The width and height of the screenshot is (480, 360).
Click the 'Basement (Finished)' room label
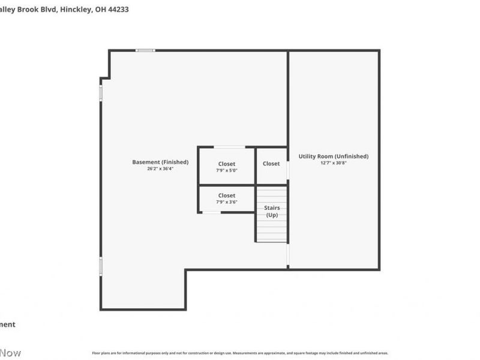click(x=160, y=162)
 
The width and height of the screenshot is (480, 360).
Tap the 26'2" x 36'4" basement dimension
click(x=160, y=169)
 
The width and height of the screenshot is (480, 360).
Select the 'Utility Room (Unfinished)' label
click(x=334, y=157)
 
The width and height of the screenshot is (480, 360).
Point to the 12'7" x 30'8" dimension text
click(x=334, y=163)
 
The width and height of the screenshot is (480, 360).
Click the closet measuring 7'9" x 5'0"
click(x=227, y=166)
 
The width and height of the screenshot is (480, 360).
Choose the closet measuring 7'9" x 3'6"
click(x=227, y=198)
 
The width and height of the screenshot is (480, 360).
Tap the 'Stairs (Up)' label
click(x=272, y=211)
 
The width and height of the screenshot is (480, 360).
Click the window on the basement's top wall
click(x=145, y=50)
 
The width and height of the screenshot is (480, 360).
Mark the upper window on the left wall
click(x=101, y=93)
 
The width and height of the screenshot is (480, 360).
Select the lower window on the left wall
click(x=101, y=266)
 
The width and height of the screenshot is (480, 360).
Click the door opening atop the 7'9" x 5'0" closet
click(x=229, y=147)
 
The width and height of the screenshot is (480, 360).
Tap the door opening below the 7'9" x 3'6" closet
click(x=211, y=212)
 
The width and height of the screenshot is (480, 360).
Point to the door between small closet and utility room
click(x=288, y=170)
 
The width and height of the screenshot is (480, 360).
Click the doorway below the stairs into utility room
click(x=288, y=255)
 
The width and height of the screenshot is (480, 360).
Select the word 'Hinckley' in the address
click(x=76, y=10)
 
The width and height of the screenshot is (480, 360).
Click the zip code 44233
click(x=118, y=10)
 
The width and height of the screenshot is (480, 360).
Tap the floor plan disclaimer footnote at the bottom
click(x=240, y=353)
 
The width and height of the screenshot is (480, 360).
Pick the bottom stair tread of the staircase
click(x=272, y=238)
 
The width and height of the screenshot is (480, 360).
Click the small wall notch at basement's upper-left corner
click(x=105, y=78)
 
